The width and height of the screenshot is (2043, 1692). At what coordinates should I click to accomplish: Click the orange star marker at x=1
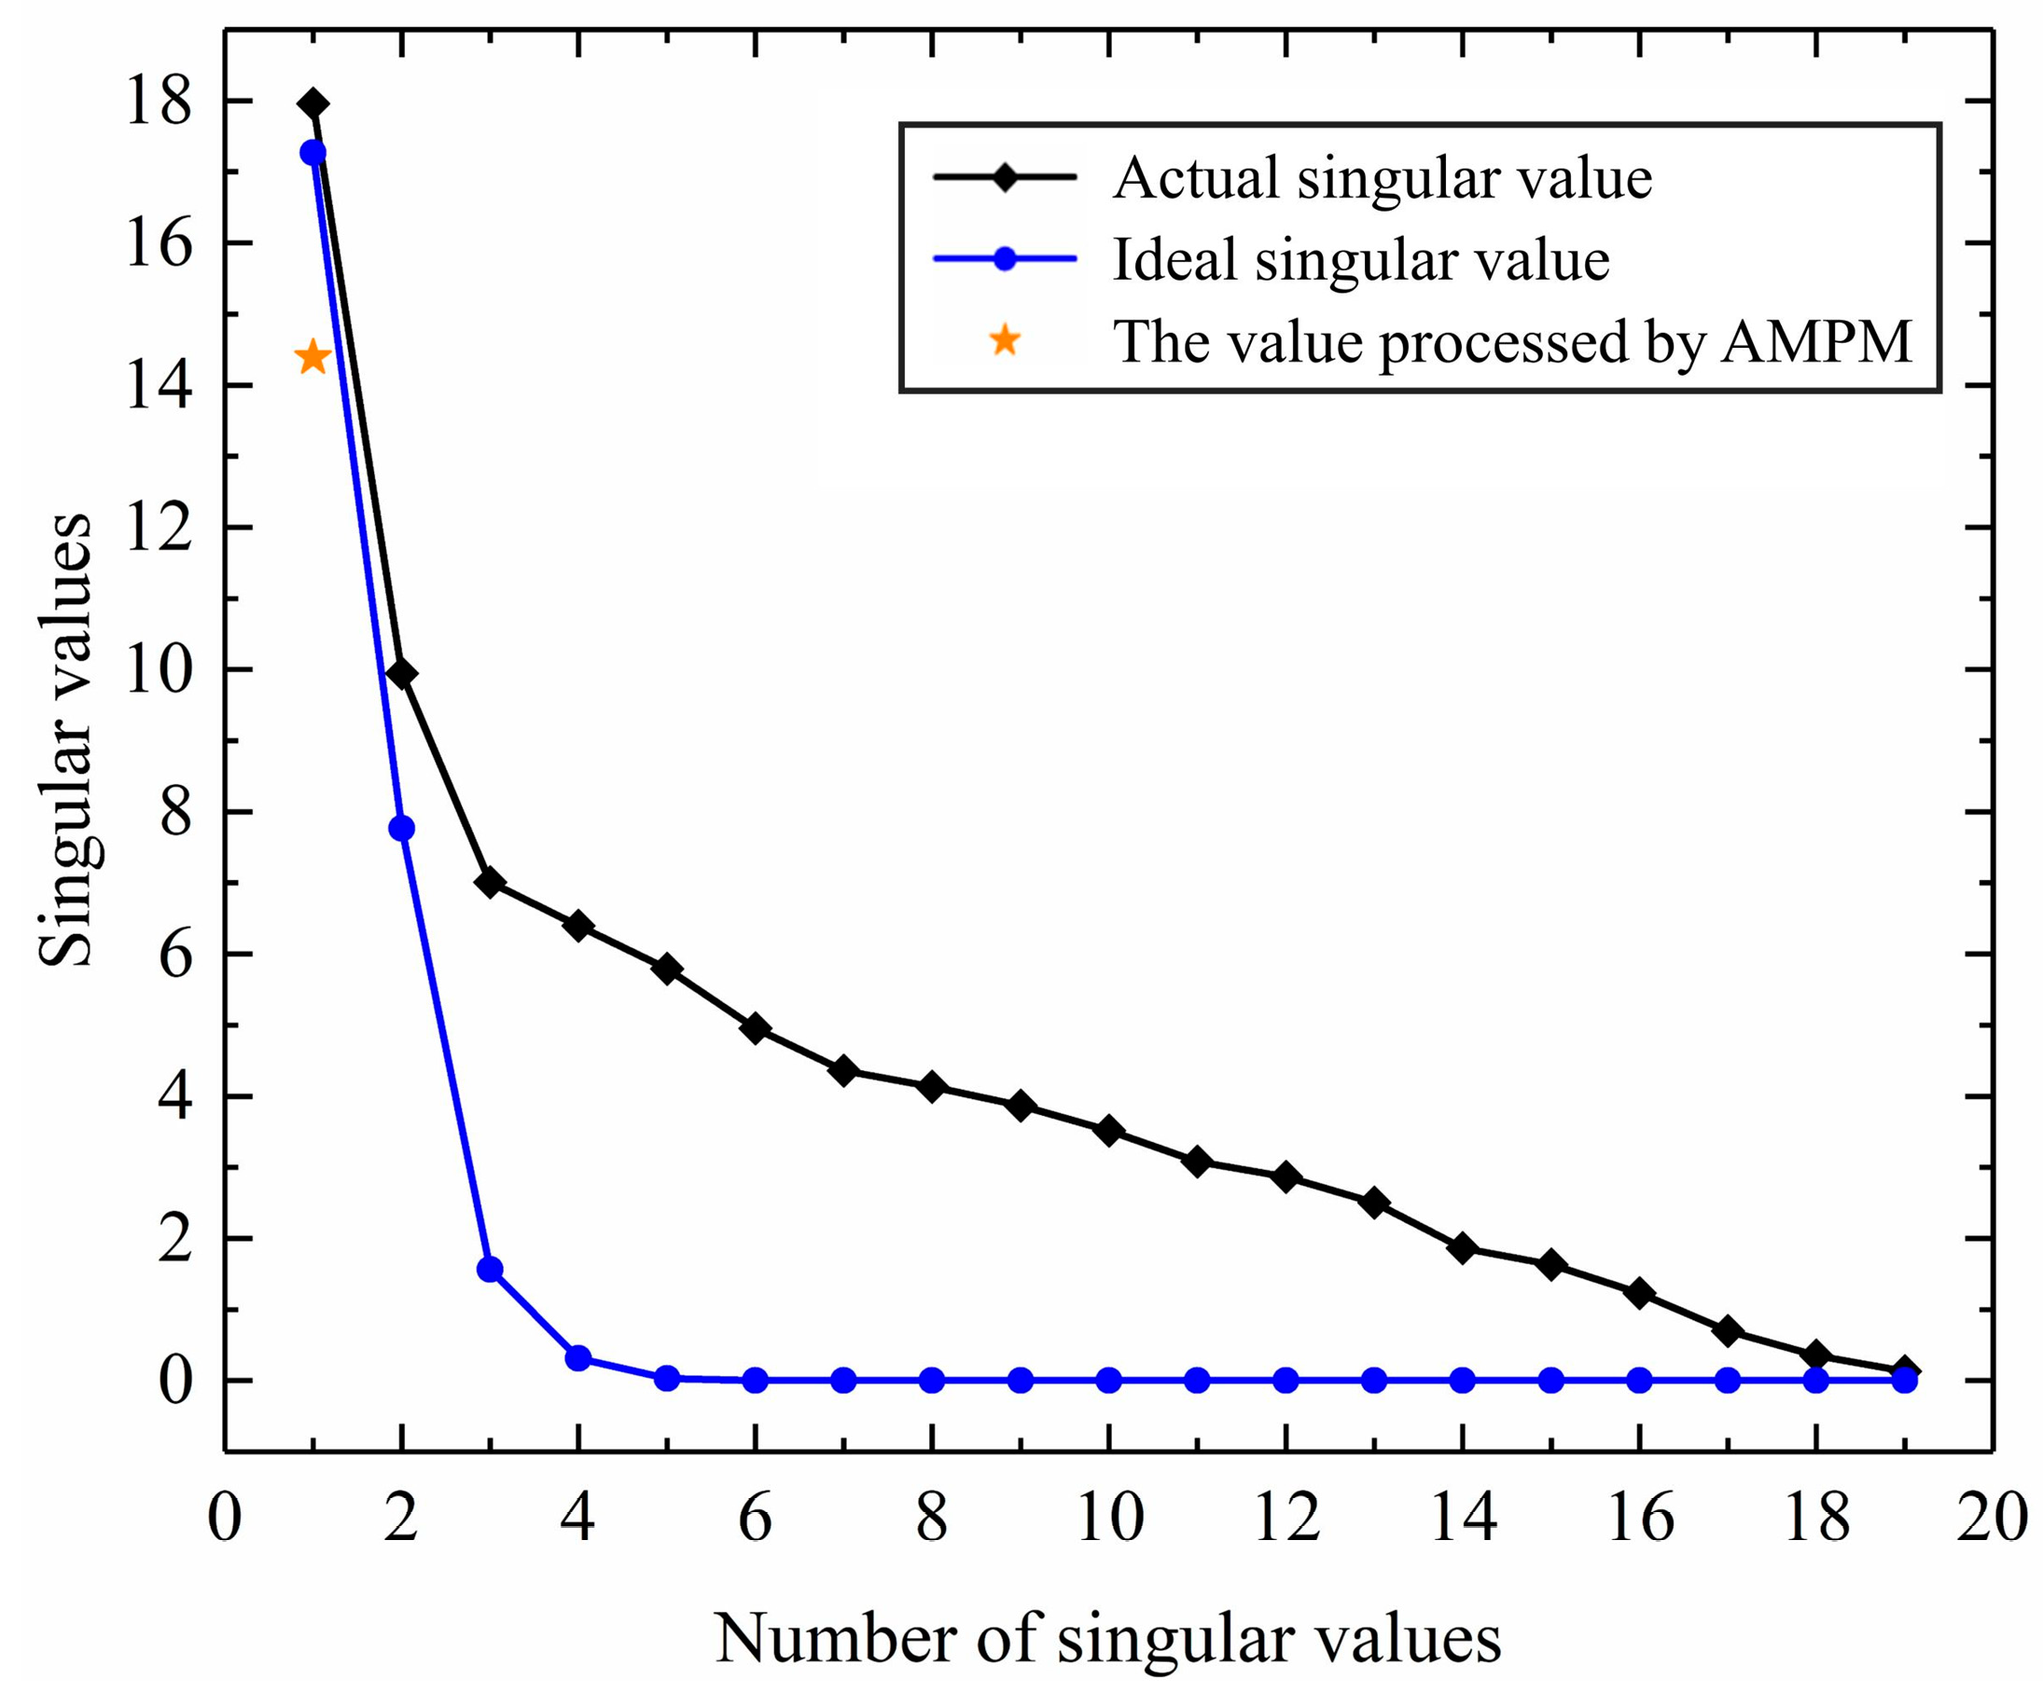[313, 357]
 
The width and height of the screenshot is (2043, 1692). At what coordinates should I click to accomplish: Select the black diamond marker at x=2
[401, 674]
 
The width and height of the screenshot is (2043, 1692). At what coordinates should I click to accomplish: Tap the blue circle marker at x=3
[490, 1269]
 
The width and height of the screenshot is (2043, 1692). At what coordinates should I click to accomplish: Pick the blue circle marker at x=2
[401, 829]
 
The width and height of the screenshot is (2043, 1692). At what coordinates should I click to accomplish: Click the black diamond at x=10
[1109, 1130]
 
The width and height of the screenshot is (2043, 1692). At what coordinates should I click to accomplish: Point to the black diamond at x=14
[1462, 1248]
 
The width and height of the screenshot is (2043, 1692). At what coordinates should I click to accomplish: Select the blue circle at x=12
[1286, 1380]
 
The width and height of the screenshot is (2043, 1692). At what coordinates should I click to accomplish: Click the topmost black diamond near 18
[313, 103]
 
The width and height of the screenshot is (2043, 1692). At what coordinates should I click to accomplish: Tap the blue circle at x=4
[577, 1357]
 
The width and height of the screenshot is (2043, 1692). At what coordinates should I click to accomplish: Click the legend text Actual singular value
[1382, 179]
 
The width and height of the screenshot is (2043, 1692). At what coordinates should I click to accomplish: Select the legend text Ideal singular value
[1360, 260]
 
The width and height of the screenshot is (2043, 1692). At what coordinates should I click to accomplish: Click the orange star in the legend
[1004, 340]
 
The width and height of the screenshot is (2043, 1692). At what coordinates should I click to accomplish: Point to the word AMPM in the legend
[1815, 342]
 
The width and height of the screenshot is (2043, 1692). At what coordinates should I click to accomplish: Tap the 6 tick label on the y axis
[175, 954]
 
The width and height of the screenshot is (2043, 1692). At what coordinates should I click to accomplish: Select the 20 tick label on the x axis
[1991, 1518]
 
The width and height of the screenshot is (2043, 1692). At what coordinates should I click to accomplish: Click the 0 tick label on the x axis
[225, 1518]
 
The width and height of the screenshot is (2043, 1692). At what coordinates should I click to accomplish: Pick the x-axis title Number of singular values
[1108, 1639]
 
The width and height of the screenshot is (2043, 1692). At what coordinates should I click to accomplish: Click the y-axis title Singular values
[66, 739]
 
